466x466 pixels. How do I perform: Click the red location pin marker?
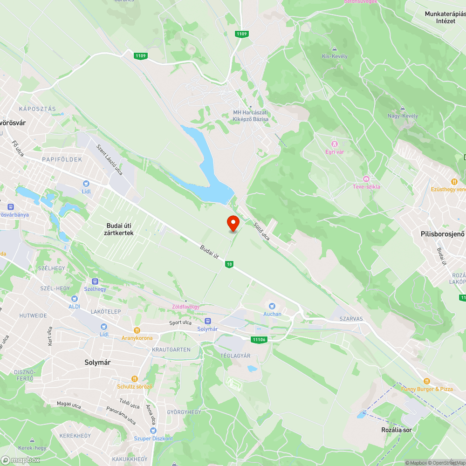[x=233, y=224]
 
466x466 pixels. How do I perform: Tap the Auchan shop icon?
[x=272, y=306]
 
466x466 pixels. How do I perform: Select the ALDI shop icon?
[x=74, y=299]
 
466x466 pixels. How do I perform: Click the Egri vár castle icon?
[x=334, y=143]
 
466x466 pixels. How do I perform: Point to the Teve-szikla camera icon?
[x=366, y=179]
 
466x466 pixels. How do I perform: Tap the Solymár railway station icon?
[x=208, y=321]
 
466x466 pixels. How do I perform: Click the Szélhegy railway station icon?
[x=95, y=281]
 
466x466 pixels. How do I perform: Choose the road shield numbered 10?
[x=229, y=264]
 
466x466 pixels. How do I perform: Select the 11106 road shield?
[x=259, y=339]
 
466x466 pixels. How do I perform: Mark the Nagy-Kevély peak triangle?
[x=403, y=109]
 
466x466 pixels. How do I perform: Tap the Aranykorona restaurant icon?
[x=137, y=330]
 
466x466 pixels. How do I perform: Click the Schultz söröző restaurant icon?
[x=135, y=379]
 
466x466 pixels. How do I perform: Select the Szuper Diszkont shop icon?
[x=153, y=431]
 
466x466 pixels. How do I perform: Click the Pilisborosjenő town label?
[x=442, y=234]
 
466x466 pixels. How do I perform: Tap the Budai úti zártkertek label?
[x=120, y=229]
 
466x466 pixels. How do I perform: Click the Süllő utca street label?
[x=261, y=230]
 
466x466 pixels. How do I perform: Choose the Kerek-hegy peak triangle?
[x=32, y=440]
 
